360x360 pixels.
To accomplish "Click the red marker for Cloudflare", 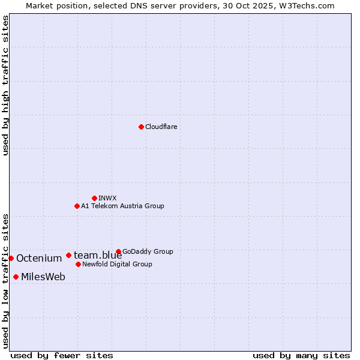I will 141,127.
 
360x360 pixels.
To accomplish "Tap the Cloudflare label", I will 161,127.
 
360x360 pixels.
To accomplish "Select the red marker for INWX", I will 94,198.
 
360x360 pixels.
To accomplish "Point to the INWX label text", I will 107,198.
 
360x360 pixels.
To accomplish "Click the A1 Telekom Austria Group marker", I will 77,206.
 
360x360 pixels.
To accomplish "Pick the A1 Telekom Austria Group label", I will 122,206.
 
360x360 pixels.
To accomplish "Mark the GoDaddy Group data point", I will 118,251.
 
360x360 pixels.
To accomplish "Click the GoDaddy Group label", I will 148,251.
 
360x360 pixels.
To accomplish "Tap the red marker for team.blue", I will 68,255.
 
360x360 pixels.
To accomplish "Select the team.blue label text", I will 98,256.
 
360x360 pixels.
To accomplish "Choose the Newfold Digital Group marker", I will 78,264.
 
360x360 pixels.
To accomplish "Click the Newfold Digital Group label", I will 117,264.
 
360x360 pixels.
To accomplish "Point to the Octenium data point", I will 11,258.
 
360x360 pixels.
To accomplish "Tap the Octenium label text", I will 39,259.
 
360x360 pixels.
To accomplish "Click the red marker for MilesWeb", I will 16,277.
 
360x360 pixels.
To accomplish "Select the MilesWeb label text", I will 43,277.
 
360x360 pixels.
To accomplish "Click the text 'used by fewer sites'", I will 62,355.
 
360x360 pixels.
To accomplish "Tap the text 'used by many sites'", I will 301,355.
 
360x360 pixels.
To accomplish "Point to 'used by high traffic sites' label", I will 5,85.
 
